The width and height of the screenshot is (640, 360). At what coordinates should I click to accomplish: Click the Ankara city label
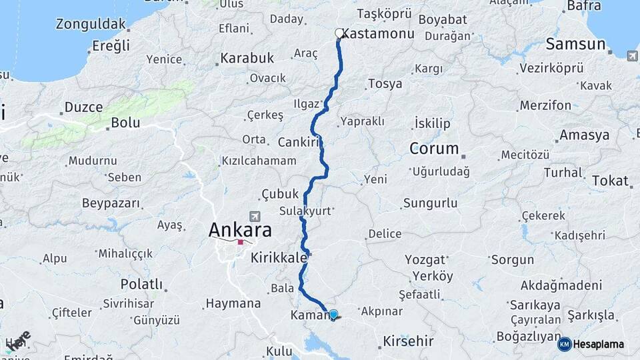(240, 231)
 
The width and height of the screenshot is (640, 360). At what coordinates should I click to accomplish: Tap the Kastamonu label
(379, 33)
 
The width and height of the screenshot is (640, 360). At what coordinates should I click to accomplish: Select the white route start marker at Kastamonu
(339, 33)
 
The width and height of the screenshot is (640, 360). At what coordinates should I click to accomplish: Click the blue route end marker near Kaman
(333, 313)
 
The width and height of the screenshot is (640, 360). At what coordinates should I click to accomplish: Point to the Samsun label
(575, 45)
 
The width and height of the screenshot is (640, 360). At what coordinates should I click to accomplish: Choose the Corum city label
(434, 148)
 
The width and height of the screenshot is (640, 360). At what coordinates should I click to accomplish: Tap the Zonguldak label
(91, 25)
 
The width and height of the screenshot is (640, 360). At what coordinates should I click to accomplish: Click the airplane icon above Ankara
(254, 217)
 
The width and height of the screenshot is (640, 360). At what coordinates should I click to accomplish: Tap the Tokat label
(610, 181)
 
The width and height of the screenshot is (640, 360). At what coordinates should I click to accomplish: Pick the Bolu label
(125, 123)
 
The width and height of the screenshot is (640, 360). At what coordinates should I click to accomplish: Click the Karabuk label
(247, 58)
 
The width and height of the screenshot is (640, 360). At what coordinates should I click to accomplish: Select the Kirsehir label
(408, 341)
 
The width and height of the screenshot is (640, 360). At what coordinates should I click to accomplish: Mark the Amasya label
(585, 135)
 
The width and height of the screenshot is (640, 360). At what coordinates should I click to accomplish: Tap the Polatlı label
(141, 285)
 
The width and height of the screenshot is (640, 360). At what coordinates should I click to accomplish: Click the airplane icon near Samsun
(631, 55)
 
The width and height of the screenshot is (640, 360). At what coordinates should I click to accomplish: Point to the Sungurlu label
(430, 203)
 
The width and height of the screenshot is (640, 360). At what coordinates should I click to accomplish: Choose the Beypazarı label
(111, 203)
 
